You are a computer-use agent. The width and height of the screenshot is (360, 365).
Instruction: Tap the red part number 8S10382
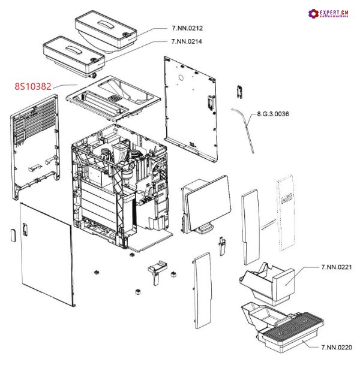(32, 86)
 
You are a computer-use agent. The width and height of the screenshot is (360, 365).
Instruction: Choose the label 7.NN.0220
(335, 347)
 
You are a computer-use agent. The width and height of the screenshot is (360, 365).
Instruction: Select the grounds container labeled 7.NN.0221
(268, 284)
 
